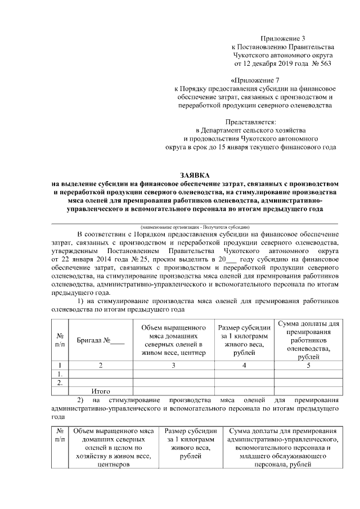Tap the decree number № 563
(x=319, y=64)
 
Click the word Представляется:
(x=251, y=121)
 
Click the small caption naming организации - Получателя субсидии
(x=195, y=226)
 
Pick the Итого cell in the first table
(x=100, y=391)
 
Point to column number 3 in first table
(x=174, y=365)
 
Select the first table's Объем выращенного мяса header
(x=174, y=340)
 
